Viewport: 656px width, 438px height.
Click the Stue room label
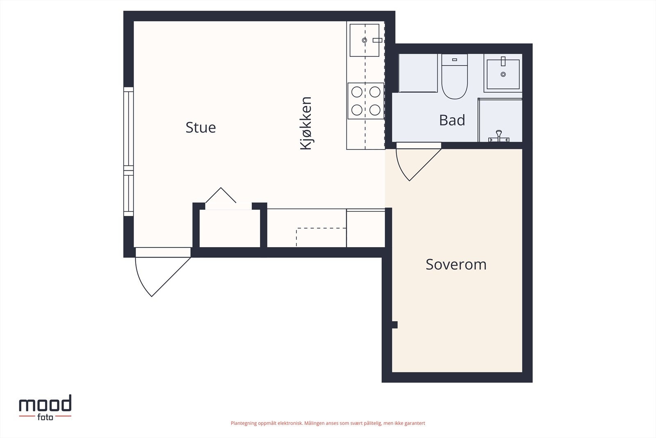point(200,128)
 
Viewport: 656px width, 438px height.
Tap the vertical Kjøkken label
point(306,124)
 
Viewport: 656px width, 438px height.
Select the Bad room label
point(452,120)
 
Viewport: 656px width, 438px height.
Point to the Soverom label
point(456,264)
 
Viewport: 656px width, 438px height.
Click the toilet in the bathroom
point(455,76)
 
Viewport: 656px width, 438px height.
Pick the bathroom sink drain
point(503,74)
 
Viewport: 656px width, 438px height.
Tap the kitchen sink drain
point(364,40)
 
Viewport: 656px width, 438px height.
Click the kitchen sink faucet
point(377,40)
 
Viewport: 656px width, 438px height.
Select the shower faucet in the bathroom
point(499,136)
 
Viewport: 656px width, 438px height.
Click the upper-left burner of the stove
point(357,92)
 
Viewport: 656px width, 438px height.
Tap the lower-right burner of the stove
point(375,110)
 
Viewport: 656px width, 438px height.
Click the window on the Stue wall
point(129,151)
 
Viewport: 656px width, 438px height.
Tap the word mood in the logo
point(45,404)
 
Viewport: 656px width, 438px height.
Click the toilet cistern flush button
point(455,60)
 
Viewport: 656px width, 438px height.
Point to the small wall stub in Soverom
point(395,325)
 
